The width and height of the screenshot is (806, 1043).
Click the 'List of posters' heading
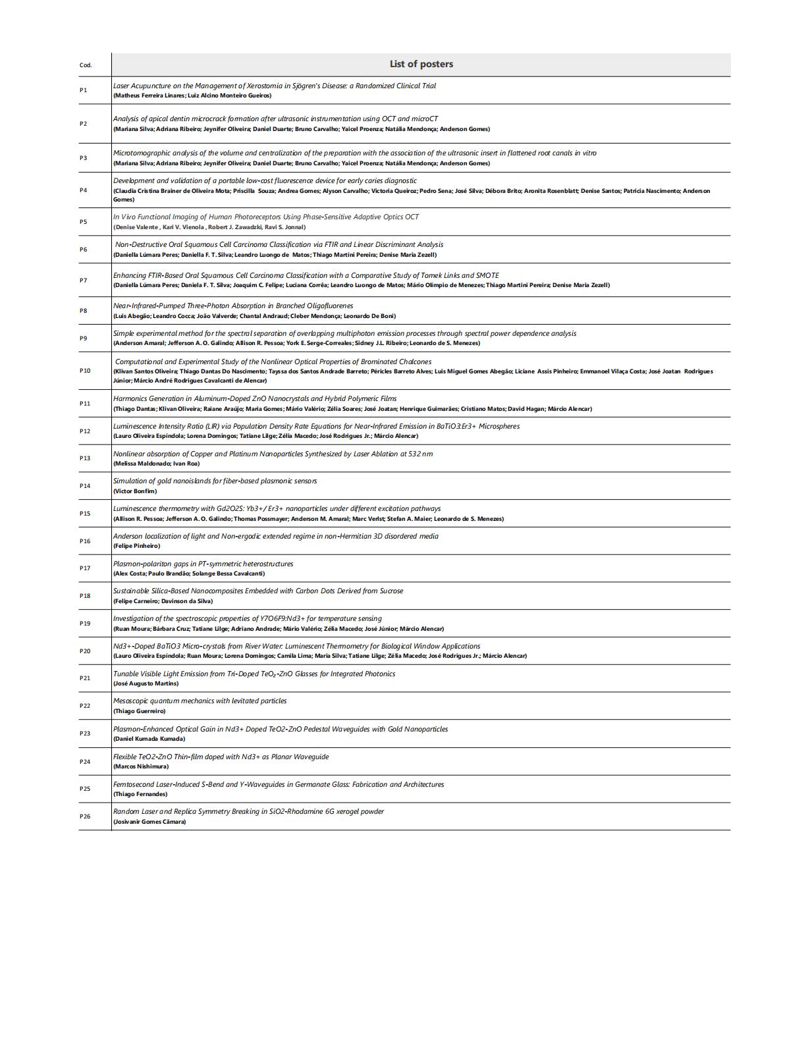coord(421,64)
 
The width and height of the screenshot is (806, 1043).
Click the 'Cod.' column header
coord(86,65)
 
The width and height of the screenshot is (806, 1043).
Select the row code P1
coord(83,90)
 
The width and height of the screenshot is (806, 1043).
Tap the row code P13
coord(85,458)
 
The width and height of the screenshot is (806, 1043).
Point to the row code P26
coord(85,816)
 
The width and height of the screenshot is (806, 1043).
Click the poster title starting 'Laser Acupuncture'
coord(274,86)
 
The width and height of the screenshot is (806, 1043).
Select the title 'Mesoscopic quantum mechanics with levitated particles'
coord(200,701)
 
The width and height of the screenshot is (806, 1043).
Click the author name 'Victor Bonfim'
coord(135,491)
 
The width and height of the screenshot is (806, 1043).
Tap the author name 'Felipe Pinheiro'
coord(136,546)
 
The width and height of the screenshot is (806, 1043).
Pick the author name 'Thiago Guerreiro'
coord(139,711)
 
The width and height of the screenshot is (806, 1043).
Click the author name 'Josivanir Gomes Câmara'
coord(149,822)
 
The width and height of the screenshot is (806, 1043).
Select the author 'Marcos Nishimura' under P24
coord(141,766)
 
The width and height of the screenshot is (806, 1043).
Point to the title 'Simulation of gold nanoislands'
coord(215,481)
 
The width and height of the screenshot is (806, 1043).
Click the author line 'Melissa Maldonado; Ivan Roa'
coord(156,464)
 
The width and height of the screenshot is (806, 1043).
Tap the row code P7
coord(83,281)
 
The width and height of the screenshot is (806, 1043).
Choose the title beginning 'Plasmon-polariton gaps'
coord(203,564)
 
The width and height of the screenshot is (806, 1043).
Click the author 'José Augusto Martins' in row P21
coord(146,683)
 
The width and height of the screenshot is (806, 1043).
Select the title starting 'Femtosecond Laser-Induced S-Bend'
coord(278,784)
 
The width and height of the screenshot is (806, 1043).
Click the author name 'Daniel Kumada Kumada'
coord(149,739)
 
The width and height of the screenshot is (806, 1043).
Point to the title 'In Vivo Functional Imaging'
coord(265,217)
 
